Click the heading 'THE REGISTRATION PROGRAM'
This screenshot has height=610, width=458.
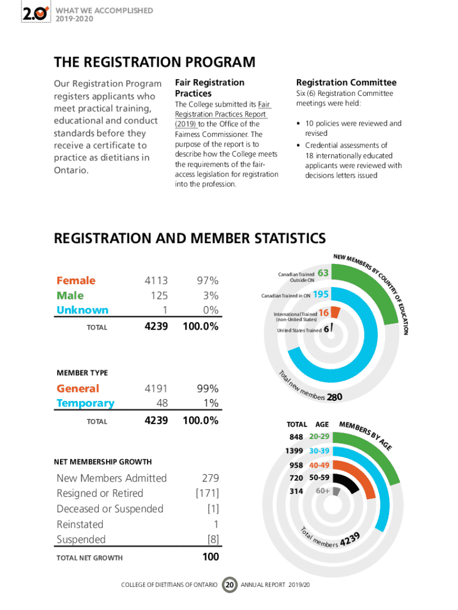155,63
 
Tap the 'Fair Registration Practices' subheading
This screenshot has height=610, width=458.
209,88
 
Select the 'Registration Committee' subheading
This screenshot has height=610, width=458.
346,83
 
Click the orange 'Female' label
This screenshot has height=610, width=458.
76,281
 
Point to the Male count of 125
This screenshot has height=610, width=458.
159,295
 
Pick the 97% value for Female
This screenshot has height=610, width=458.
208,281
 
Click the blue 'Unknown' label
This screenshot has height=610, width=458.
82,310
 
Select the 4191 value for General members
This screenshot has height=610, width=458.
156,388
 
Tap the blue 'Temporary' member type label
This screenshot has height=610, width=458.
85,403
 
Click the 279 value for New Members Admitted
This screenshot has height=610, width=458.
210,478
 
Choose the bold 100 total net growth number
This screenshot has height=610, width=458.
210,557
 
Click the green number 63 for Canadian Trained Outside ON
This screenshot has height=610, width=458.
324,273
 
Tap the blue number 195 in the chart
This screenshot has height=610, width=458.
321,294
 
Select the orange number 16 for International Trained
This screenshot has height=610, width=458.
324,313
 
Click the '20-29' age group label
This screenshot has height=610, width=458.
319,437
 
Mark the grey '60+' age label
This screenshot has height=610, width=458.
323,491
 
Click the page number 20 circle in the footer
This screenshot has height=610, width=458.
229,584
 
